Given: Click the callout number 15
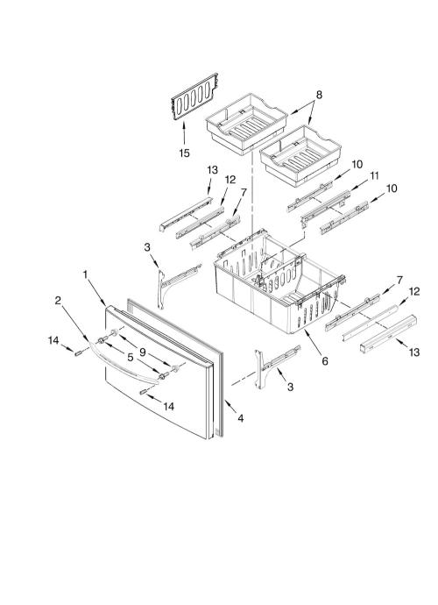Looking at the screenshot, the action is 184,153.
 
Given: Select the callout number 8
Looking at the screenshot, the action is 319,95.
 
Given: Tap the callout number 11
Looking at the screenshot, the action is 374,176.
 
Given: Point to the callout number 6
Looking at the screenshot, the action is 325,360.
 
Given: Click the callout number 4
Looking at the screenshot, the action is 241,418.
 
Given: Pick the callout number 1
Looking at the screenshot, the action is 86,274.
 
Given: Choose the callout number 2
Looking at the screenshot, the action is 58,300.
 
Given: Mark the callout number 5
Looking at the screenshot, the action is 131,358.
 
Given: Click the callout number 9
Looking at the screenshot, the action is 142,352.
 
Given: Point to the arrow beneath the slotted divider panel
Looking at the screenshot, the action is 184,133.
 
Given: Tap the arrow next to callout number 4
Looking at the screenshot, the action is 230,407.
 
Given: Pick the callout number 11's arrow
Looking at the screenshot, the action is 359,186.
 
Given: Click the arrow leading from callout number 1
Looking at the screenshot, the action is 97,294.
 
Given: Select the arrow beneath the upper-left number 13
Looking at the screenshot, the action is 209,187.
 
